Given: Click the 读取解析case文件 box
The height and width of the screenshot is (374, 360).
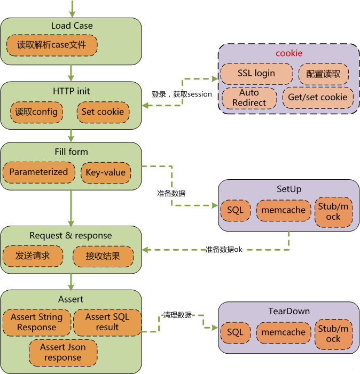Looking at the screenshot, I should [x=52, y=45].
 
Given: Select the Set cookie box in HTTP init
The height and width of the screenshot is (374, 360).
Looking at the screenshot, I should [x=103, y=112].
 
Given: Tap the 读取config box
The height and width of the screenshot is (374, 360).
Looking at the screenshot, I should [x=36, y=112].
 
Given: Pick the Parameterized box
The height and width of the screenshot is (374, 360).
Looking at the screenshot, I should [x=38, y=172].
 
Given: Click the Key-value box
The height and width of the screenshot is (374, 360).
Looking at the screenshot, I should [x=106, y=172].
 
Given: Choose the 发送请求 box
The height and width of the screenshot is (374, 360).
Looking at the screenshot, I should [x=33, y=256].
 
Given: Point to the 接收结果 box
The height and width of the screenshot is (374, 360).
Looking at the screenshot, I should [x=103, y=256].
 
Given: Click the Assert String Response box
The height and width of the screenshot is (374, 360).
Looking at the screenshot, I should [x=36, y=322].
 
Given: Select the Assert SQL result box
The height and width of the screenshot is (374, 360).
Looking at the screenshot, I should [x=107, y=322].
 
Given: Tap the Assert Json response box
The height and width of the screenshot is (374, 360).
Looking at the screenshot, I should [x=62, y=352].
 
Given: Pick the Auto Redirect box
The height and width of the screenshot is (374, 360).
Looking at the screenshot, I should [x=249, y=98].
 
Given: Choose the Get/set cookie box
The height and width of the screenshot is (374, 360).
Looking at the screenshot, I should [x=318, y=98].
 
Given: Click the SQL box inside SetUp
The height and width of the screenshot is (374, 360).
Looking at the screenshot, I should [x=235, y=210].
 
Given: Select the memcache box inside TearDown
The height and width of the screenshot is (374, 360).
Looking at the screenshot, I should [x=283, y=332].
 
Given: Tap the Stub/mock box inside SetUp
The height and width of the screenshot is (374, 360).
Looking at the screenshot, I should [x=333, y=211].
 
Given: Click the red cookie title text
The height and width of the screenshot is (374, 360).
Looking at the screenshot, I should [x=289, y=53].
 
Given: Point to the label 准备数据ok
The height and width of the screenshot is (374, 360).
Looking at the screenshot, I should [x=224, y=250].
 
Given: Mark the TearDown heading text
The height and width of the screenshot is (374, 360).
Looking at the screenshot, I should [x=289, y=311].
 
